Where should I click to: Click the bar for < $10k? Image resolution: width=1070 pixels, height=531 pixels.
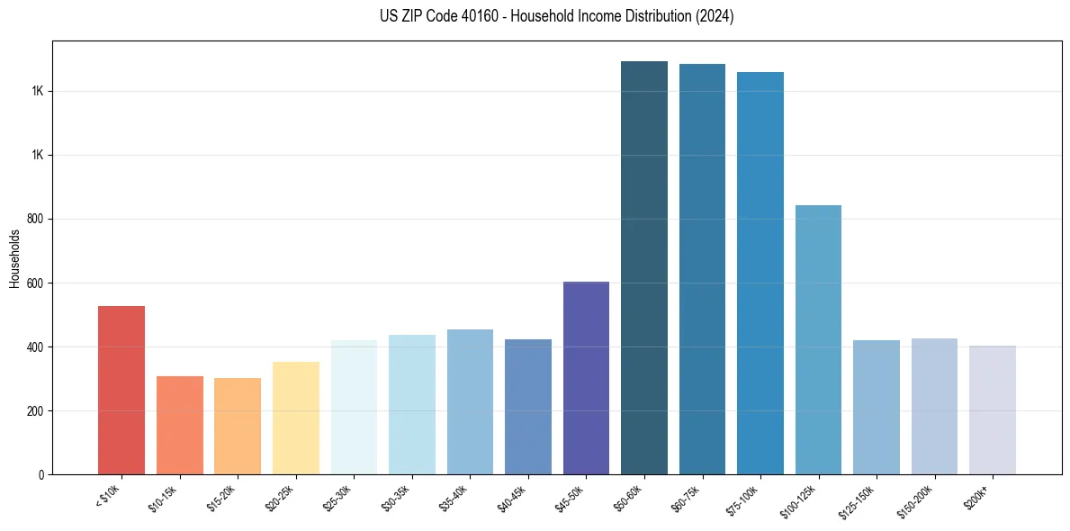click(x=121, y=390)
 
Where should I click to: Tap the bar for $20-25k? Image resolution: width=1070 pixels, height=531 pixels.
click(x=296, y=418)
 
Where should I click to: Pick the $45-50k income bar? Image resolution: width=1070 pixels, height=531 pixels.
click(x=586, y=378)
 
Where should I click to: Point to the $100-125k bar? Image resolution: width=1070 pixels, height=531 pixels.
click(x=818, y=339)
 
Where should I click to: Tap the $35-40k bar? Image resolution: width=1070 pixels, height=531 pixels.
click(x=470, y=401)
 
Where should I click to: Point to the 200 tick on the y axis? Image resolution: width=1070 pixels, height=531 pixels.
click(x=36, y=410)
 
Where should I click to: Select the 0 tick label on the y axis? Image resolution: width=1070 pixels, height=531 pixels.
click(x=41, y=474)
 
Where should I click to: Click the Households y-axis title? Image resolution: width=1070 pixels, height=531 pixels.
click(x=15, y=257)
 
